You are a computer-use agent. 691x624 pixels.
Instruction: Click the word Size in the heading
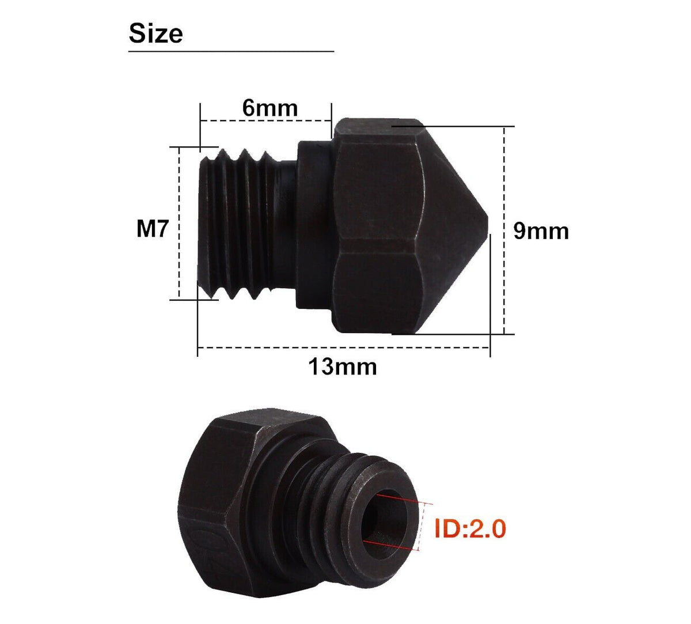point(155,33)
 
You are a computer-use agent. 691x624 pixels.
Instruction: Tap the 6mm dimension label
point(269,108)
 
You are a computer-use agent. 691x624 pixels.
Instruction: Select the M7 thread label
point(153,229)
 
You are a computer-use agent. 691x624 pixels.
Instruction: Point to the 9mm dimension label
point(541,231)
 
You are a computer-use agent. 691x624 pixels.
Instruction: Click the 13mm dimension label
point(343,366)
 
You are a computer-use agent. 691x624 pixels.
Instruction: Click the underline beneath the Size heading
point(230,51)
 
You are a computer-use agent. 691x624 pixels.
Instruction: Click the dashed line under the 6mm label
point(265,121)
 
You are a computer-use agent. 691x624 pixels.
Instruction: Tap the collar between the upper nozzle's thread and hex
point(314,225)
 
